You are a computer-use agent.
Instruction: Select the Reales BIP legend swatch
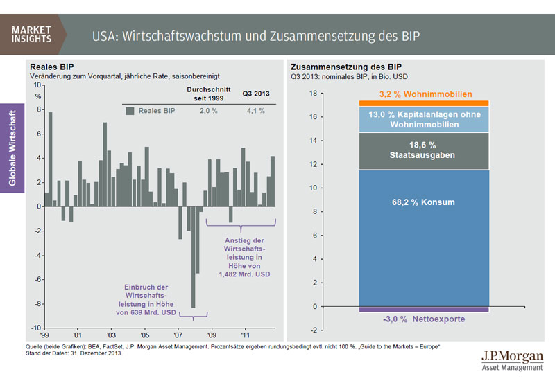click(129, 110)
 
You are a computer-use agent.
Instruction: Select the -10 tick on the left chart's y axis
click(35, 328)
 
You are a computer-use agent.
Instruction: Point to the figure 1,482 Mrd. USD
click(244, 274)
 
